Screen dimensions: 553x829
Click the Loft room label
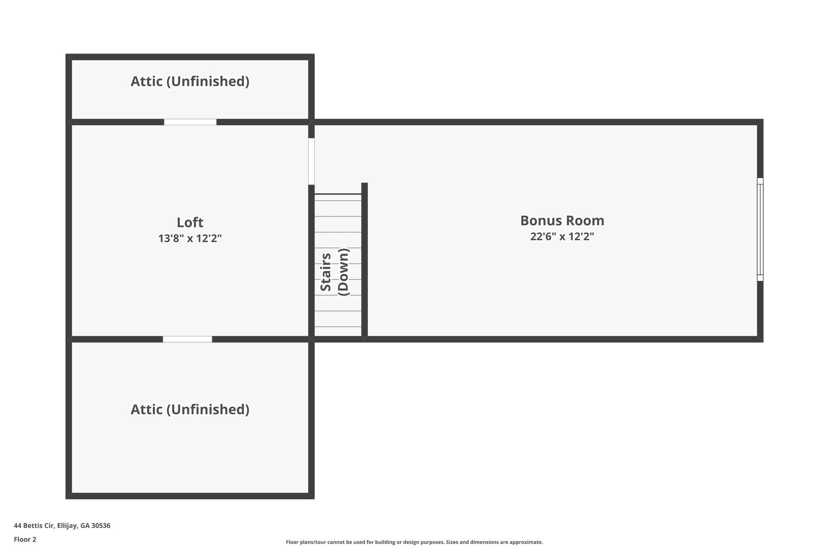tap(190, 223)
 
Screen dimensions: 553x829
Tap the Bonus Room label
tap(562, 221)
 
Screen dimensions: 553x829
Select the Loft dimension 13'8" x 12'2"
tap(190, 239)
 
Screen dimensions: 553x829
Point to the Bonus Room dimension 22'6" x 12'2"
tap(562, 237)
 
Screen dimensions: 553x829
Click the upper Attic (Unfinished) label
tap(190, 81)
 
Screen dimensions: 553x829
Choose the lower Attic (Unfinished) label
tap(190, 410)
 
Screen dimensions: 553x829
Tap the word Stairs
tap(326, 272)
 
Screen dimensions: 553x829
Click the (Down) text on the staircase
tap(343, 272)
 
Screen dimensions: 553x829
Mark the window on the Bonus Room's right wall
tap(760, 229)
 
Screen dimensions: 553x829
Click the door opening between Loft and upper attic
tap(190, 122)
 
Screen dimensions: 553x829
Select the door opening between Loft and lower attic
tap(187, 339)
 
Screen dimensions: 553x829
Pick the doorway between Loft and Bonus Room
tap(311, 161)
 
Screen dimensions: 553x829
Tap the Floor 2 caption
tap(25, 539)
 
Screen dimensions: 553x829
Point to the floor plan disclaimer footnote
tap(414, 542)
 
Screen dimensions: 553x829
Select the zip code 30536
tap(101, 526)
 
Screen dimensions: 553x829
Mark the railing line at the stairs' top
tap(338, 194)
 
